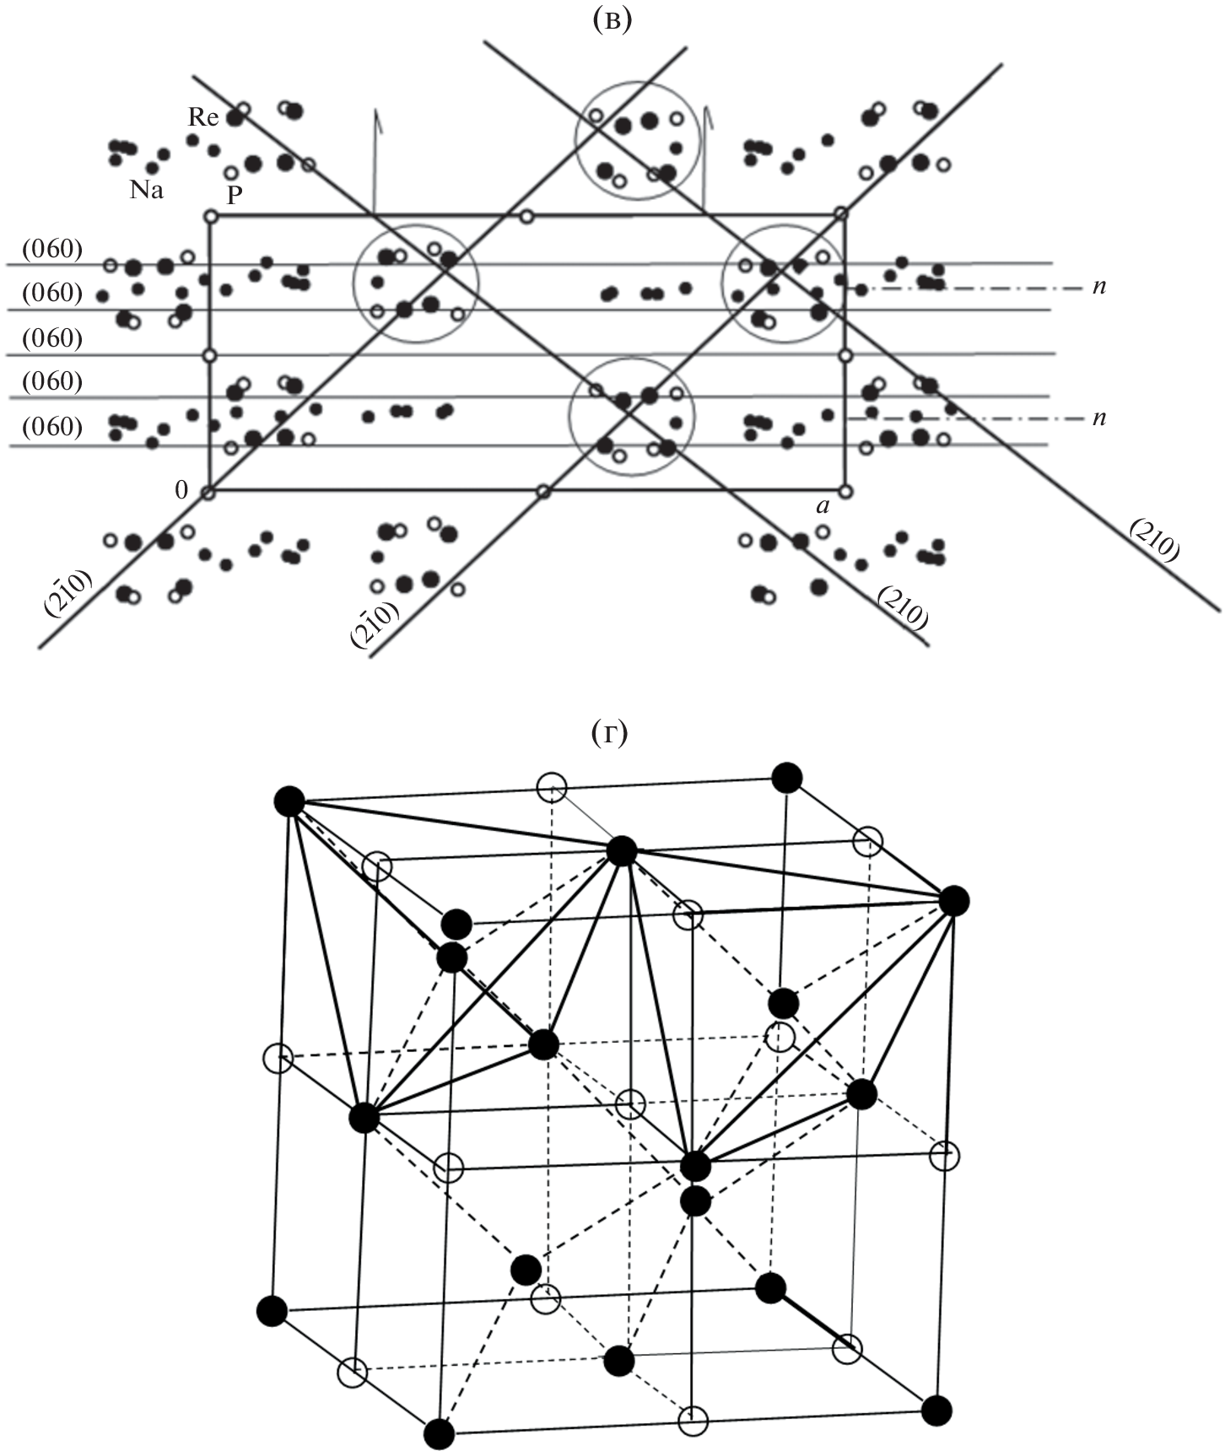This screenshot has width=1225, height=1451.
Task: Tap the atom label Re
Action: (x=202, y=117)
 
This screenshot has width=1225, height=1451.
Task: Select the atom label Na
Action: (x=146, y=190)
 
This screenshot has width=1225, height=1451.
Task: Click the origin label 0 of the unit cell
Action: (x=181, y=490)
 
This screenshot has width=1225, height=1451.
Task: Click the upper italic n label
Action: (x=1098, y=286)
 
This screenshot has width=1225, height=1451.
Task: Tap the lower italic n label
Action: (x=1098, y=418)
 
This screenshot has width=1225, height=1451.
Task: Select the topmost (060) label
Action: (x=53, y=249)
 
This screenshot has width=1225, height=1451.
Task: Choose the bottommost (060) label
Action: (x=53, y=427)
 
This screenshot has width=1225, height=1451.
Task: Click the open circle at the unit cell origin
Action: (x=209, y=491)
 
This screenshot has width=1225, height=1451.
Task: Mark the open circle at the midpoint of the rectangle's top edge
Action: (x=527, y=217)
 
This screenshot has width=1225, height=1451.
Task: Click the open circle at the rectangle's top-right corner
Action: (x=840, y=214)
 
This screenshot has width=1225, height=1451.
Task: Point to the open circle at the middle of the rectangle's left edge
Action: (x=209, y=355)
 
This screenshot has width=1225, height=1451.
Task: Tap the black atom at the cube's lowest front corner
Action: (x=439, y=1434)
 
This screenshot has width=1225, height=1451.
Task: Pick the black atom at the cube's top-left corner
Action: (x=289, y=801)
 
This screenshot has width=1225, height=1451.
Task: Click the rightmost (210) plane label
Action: (x=1153, y=540)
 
